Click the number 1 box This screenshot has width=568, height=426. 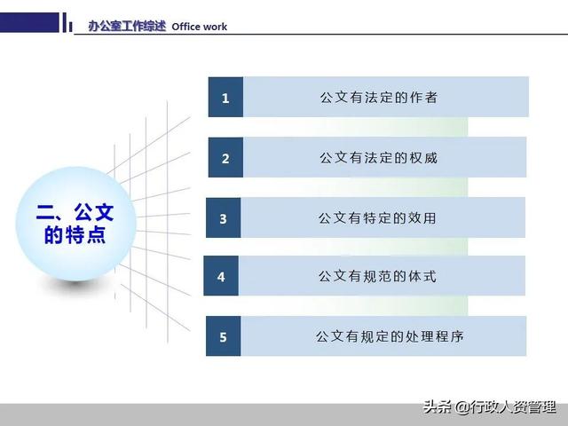225,98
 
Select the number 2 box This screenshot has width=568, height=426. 225,158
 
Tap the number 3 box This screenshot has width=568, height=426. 224,218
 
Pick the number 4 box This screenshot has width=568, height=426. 221,277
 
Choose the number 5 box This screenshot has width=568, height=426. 223,337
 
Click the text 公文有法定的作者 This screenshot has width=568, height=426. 379,98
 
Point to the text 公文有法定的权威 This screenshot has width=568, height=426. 379,158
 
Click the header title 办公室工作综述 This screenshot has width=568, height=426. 127,26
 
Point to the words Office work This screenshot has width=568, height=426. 200,27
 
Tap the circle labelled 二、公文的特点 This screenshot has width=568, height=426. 75,224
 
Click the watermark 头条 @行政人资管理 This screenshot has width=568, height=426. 489,407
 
